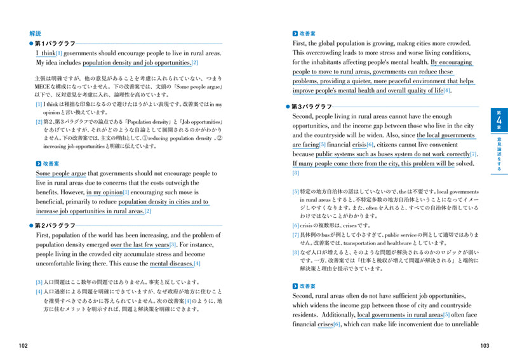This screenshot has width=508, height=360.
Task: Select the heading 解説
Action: (35, 33)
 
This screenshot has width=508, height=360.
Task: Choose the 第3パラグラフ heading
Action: (315, 108)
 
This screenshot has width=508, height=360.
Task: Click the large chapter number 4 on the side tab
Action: (498, 122)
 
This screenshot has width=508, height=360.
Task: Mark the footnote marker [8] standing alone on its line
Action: (296, 173)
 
